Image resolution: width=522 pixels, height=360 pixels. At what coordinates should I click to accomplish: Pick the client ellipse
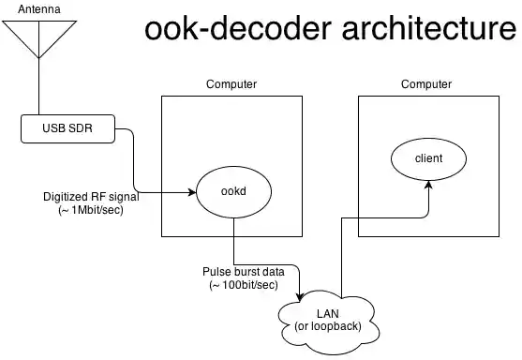428,157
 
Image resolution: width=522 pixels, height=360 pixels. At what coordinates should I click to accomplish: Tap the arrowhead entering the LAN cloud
298,293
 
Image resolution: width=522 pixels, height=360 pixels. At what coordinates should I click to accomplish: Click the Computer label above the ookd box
231,84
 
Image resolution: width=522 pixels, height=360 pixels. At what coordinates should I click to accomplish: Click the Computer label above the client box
426,84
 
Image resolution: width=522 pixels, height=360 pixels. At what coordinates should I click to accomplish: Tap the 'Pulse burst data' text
243,271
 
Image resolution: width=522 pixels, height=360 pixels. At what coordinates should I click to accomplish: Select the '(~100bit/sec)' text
243,284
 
